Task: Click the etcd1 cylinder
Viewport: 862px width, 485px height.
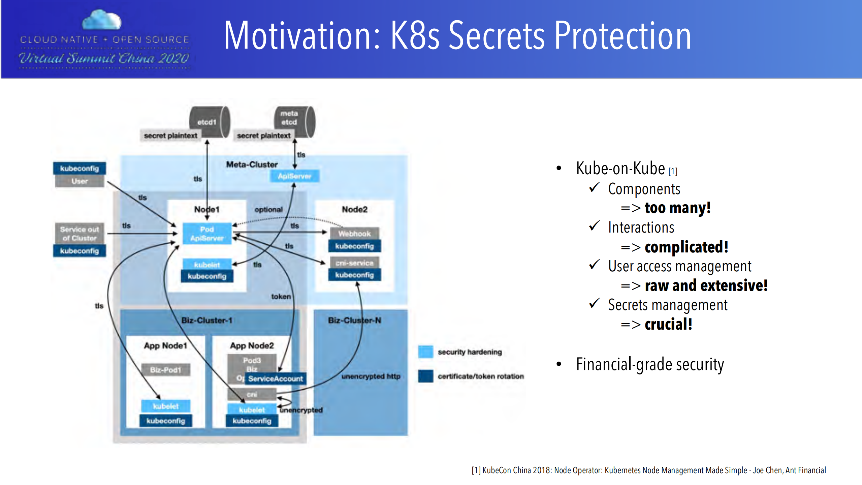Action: [209, 122]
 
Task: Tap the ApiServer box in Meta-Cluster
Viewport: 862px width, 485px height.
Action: [294, 176]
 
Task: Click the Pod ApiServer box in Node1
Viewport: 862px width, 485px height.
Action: [207, 234]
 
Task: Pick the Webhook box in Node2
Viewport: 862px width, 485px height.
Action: [354, 233]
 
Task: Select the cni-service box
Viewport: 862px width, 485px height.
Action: [354, 263]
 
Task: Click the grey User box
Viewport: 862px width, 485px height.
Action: [79, 181]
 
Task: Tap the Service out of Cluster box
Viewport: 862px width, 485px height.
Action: [79, 234]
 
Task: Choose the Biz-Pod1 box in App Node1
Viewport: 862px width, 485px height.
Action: [165, 370]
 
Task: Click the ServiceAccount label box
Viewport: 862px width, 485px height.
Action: [276, 379]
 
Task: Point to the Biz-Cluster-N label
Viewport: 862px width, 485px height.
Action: [354, 320]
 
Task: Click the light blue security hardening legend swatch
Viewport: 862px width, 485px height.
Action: [425, 352]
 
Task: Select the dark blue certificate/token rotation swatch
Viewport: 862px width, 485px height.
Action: [425, 376]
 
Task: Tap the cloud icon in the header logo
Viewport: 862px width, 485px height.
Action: [102, 20]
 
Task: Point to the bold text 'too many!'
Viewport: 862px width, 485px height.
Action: [677, 208]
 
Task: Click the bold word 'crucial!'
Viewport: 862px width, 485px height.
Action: [668, 324]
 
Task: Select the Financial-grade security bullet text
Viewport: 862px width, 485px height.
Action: [649, 365]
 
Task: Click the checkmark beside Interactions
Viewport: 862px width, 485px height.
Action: [594, 226]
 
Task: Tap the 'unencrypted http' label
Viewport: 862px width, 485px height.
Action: [371, 376]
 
